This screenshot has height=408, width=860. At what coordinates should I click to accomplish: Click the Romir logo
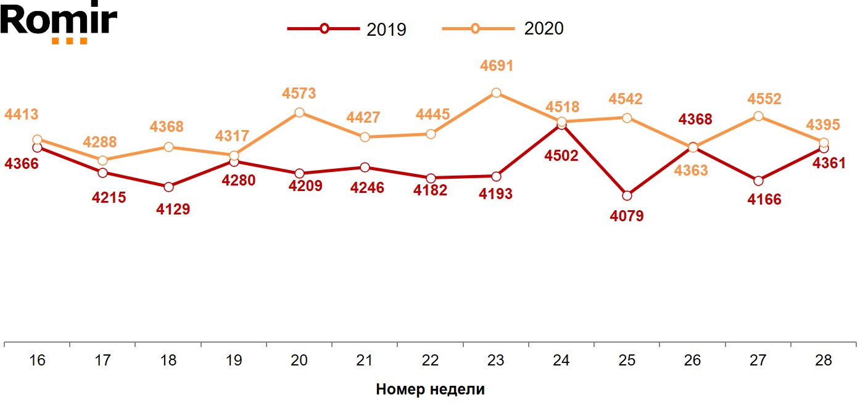[59, 23]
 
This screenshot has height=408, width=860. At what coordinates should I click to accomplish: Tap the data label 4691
[496, 66]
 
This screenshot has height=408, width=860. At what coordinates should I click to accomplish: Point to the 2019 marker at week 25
[627, 195]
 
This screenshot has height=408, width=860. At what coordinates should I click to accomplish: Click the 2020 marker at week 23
[496, 93]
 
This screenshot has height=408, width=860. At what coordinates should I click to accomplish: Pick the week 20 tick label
[299, 361]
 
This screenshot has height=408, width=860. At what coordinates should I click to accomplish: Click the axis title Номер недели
[430, 390]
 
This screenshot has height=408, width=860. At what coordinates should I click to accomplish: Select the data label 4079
[627, 216]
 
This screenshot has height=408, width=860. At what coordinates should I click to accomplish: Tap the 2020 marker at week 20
[299, 112]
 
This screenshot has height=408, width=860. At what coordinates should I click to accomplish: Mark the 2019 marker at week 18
[168, 186]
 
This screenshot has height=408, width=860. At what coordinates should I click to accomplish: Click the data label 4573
[299, 94]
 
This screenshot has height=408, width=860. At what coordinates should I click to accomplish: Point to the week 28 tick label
[823, 361]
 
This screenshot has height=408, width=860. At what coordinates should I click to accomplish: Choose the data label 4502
[561, 156]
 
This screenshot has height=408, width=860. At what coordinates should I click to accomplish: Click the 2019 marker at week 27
[758, 181]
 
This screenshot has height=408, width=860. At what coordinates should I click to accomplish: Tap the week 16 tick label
[37, 361]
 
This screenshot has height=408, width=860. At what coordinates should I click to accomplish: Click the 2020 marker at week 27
[758, 116]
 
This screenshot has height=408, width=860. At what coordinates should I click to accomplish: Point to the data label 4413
[22, 114]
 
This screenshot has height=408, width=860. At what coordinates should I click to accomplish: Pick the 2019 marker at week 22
[431, 177]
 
